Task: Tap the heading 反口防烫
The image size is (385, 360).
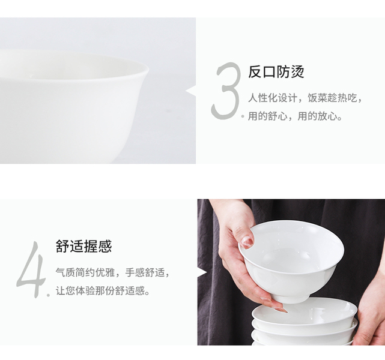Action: pos(276,72)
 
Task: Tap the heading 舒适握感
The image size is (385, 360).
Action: pos(83,246)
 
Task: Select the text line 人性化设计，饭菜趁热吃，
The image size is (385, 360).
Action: pos(305,98)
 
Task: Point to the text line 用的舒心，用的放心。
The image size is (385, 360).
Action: pos(295,116)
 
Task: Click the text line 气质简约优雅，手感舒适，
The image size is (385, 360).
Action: pos(112,272)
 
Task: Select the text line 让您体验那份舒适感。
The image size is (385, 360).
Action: pos(103,291)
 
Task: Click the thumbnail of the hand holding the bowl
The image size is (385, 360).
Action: pos(291,272)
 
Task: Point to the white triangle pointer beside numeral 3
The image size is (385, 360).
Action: pos(191,91)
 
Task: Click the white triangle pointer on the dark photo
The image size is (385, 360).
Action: pos(202,272)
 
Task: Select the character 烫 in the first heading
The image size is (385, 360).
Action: pos(297,72)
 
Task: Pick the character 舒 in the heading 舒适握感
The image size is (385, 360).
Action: pos(62,246)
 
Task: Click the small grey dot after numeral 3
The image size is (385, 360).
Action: pos(243,116)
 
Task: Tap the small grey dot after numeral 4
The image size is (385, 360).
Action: pos(48,295)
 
